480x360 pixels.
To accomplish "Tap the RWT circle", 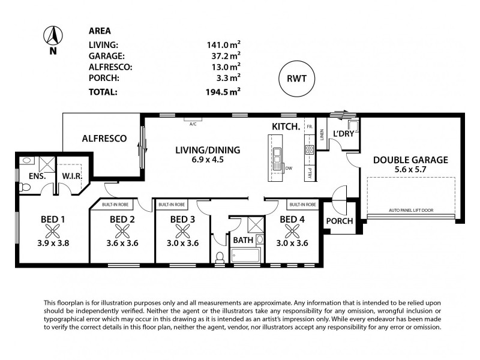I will (x=298, y=78).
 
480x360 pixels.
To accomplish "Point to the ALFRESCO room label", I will (x=104, y=139).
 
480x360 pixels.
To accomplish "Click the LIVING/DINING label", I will (x=207, y=150).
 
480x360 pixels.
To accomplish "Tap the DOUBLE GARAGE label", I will (x=410, y=160).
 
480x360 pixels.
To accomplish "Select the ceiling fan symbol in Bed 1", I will (x=53, y=231).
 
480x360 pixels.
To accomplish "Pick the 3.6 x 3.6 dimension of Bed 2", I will (x=122, y=243).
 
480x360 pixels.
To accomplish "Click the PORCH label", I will (x=339, y=221).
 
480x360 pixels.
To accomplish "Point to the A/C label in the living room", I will (x=193, y=124).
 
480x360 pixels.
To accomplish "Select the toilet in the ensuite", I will (x=24, y=187).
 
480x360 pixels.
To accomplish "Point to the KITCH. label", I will (x=286, y=127).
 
